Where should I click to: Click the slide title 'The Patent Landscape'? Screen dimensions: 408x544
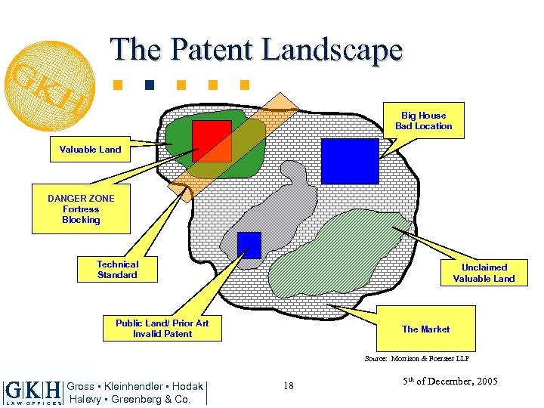(257, 50)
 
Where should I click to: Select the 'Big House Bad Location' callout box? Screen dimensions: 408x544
(423, 121)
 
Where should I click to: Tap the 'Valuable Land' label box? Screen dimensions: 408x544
(90, 149)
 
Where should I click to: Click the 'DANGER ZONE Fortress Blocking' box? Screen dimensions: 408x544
(81, 209)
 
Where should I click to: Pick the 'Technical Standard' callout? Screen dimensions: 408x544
(117, 270)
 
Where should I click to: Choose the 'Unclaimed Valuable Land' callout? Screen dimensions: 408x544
(483, 273)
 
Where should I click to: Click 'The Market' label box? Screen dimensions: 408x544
(425, 329)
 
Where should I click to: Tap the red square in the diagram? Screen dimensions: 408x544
(211, 141)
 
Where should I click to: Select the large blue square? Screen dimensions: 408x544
(350, 161)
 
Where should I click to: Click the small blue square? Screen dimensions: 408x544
(249, 245)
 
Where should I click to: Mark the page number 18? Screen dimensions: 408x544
(288, 386)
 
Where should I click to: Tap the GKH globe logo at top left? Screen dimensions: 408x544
(52, 75)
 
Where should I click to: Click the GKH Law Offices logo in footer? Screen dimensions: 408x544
(32, 392)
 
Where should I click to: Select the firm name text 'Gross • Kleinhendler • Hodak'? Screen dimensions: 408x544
(135, 386)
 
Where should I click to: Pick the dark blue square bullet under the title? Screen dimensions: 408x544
(150, 83)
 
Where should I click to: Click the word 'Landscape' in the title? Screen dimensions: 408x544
(332, 50)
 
